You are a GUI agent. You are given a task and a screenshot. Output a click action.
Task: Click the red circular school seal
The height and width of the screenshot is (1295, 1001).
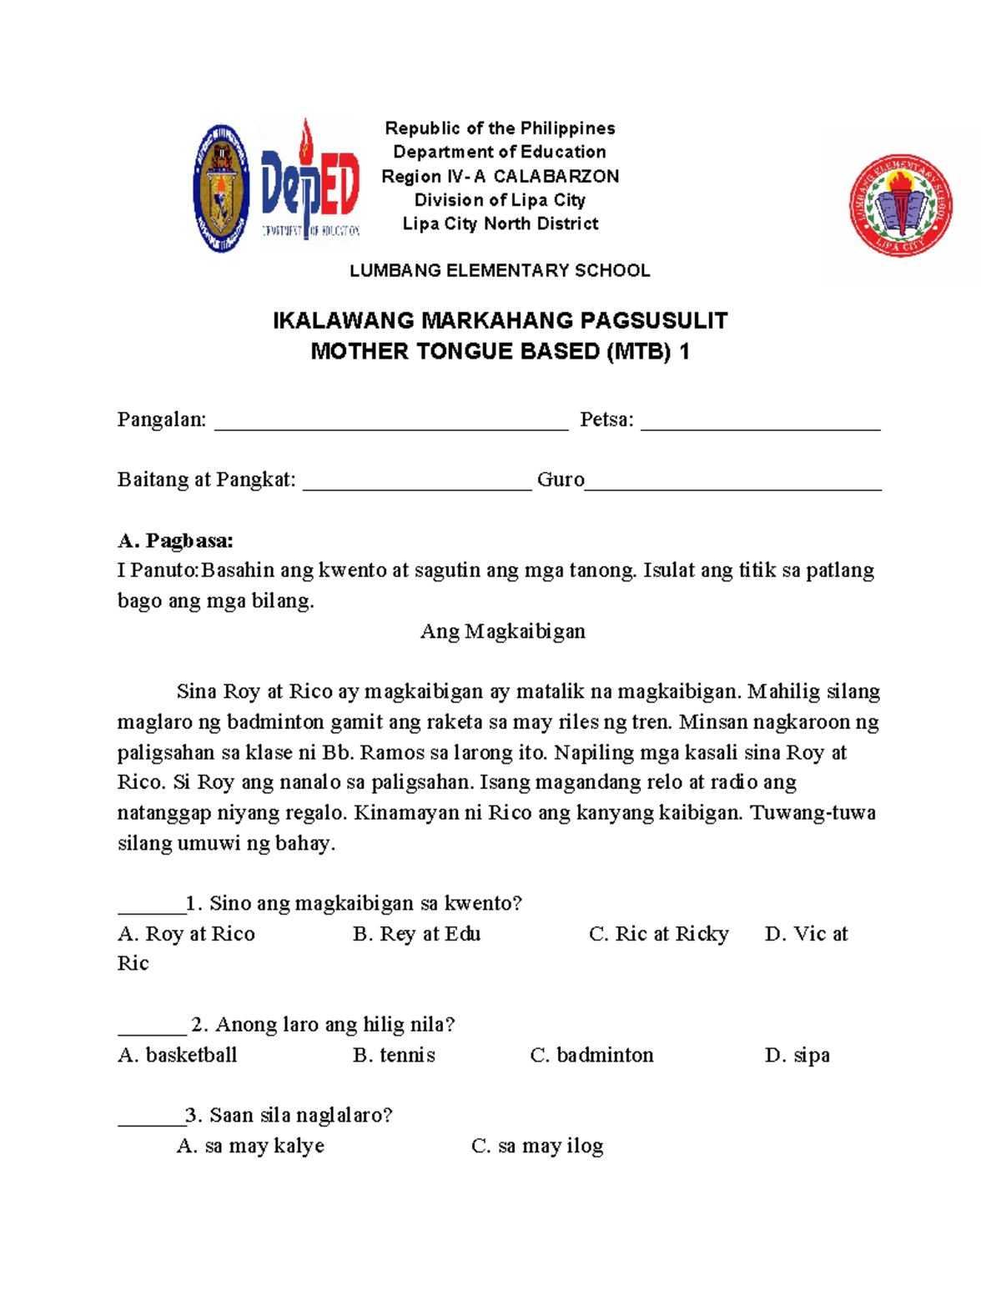pos(900,205)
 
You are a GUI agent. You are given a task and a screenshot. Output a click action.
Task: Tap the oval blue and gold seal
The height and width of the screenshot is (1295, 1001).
pos(221,188)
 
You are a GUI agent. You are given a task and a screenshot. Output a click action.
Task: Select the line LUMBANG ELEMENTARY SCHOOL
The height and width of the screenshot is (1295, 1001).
pos(500,270)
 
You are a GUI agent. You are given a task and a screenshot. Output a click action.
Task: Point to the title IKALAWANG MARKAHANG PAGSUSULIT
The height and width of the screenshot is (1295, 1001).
pos(500,321)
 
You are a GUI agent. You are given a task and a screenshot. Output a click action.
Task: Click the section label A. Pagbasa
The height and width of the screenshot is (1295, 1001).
pos(175,540)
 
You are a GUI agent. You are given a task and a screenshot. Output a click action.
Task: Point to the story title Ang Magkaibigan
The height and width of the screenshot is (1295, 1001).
pos(502,631)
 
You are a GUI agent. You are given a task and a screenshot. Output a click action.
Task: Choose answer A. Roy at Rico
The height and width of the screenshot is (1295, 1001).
pos(186,934)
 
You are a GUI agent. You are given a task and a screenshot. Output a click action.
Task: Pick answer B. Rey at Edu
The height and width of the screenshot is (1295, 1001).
pos(416,934)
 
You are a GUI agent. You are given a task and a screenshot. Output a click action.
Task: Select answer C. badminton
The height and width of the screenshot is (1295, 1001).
pos(591,1055)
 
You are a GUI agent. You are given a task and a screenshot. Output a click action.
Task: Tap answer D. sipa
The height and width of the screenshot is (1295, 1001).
pos(797,1055)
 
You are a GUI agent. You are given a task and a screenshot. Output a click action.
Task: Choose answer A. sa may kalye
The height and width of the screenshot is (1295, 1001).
pos(250,1146)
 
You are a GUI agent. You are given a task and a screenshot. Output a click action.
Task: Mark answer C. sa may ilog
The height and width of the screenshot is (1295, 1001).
pos(537,1146)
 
